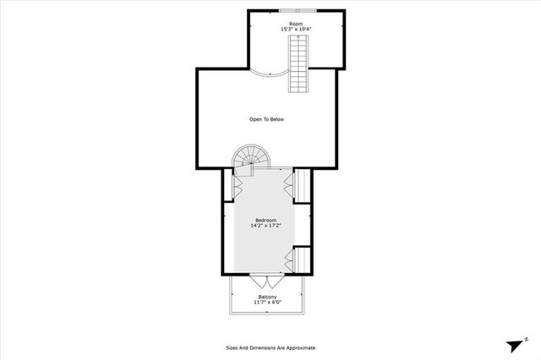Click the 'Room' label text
coord(296,24)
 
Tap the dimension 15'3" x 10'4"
coord(296,30)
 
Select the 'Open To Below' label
coord(266,119)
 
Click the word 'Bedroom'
coord(266,220)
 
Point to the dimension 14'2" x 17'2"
coord(266,226)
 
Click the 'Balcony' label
coord(266,297)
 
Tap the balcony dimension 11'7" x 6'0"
coord(266,303)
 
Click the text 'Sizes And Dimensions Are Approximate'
coord(270,347)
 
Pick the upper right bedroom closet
coord(300,185)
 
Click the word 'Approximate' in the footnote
coord(299,347)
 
